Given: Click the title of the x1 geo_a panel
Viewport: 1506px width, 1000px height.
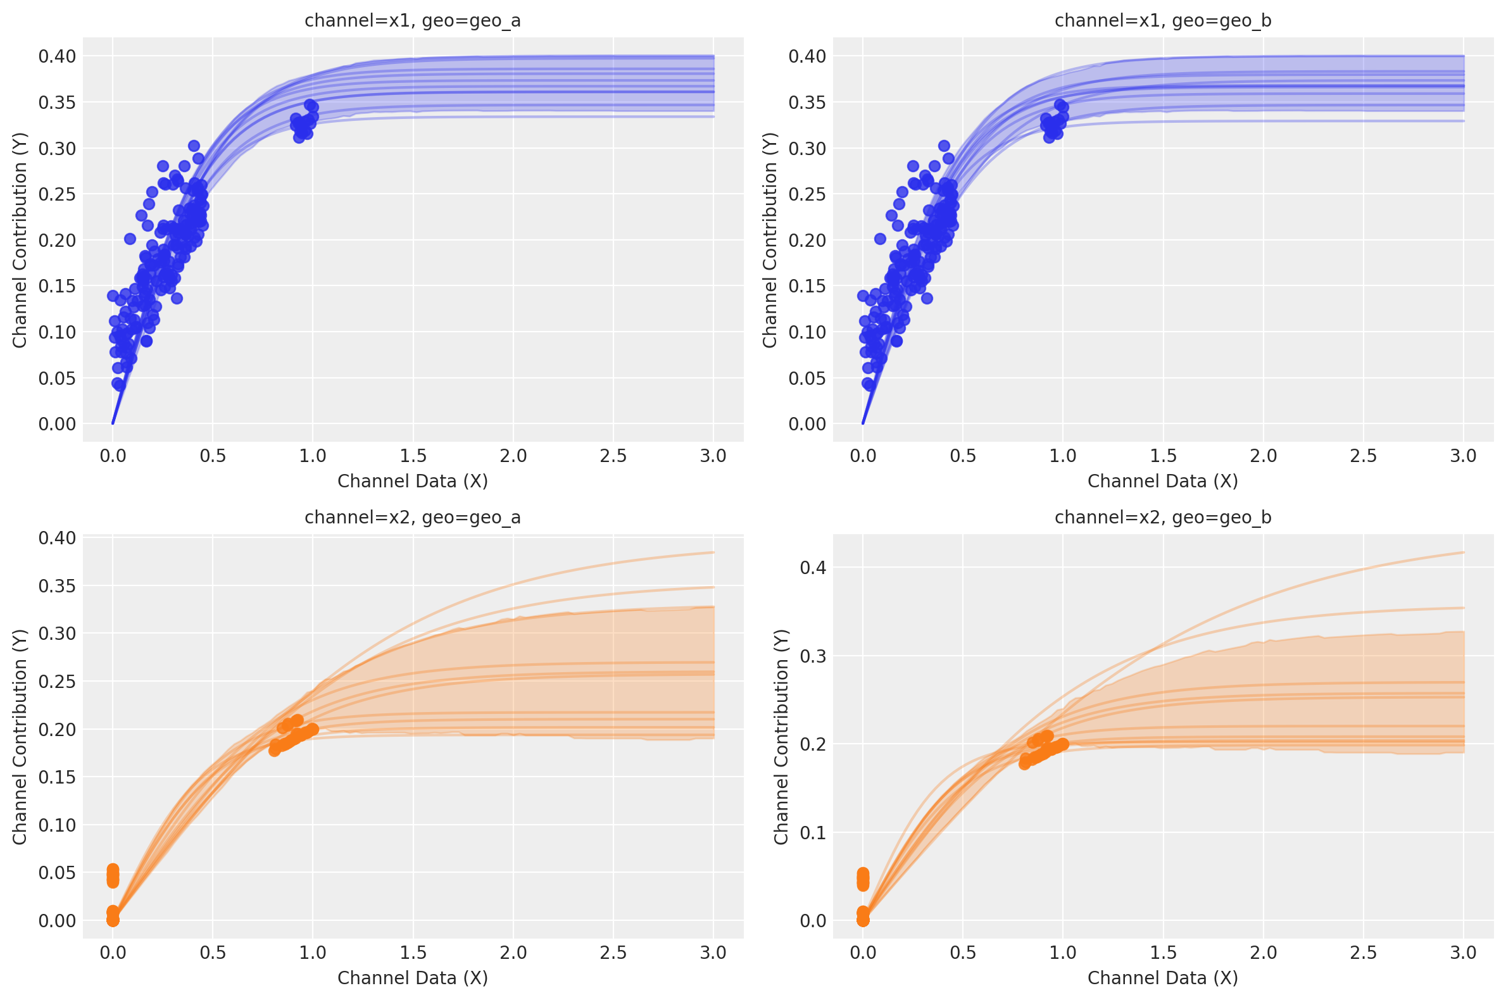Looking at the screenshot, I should pos(413,21).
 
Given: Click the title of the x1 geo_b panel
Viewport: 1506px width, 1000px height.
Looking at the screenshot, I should pos(1163,21).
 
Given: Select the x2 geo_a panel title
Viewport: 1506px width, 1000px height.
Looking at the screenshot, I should pos(413,517).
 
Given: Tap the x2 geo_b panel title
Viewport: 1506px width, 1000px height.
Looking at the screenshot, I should pos(1163,517).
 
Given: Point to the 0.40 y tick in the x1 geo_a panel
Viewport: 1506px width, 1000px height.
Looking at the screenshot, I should pos(57,56).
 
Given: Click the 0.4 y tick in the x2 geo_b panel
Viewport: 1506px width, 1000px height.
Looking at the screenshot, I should pos(813,567).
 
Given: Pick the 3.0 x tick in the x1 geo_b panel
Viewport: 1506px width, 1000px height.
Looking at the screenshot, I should pos(1463,456).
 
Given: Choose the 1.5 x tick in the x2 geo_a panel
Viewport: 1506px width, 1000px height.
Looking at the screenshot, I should pos(413,953).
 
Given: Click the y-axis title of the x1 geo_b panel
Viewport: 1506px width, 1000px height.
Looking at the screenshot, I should pos(770,240).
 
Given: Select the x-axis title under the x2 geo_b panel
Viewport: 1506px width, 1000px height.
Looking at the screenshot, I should pos(1163,978).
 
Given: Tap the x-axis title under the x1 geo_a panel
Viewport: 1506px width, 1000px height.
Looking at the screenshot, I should pos(413,481).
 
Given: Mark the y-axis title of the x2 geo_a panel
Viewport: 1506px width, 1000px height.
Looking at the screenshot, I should pos(20,737).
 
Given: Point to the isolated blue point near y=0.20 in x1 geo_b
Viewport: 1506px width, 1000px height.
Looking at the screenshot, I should pos(881,239).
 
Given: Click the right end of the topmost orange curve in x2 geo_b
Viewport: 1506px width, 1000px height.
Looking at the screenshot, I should pos(1463,553).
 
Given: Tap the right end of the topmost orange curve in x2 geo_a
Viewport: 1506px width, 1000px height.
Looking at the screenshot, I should pos(713,553).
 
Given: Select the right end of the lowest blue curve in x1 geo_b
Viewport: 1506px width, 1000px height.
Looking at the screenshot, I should pos(1463,121).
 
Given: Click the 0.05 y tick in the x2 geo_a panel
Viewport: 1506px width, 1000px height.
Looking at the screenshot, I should pos(57,872).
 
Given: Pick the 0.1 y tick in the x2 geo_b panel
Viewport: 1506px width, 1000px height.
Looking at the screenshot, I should pos(813,832).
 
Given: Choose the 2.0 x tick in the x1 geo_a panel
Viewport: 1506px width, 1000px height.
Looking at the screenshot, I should pos(513,456).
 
